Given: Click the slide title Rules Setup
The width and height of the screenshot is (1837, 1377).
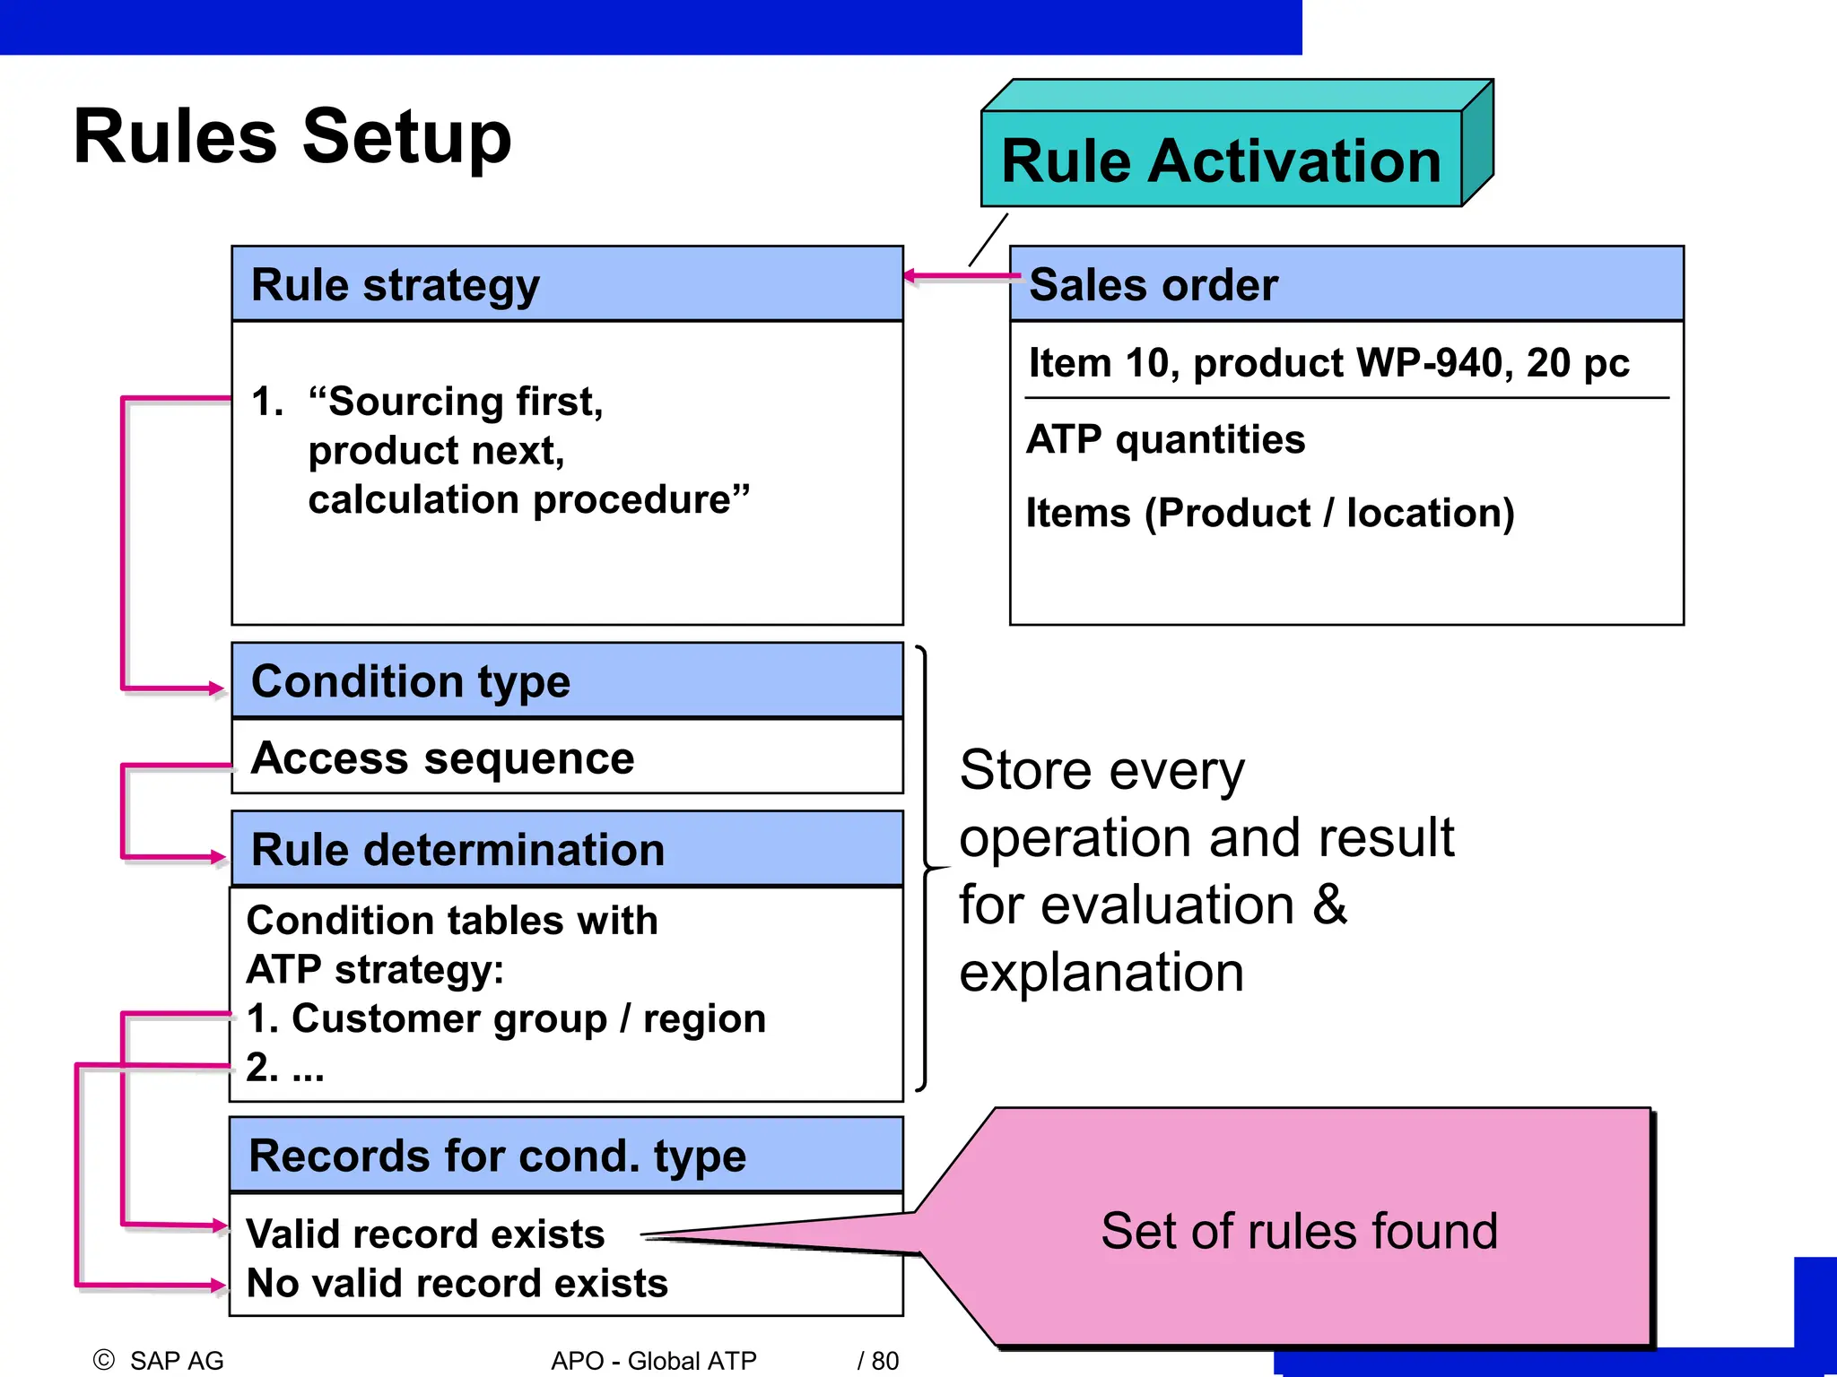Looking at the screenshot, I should [292, 136].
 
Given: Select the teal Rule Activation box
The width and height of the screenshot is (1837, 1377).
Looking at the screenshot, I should [1221, 160].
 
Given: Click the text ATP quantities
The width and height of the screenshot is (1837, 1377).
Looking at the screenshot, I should [1165, 439].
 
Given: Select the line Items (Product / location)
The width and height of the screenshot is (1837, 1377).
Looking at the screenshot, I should [1270, 513].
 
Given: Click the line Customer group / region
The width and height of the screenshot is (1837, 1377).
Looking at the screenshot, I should [527, 1018].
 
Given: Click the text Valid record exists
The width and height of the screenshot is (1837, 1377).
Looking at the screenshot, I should [425, 1234].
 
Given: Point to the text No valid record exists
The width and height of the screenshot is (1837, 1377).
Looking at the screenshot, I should [457, 1284].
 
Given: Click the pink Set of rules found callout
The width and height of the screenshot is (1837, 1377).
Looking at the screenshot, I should [1299, 1230].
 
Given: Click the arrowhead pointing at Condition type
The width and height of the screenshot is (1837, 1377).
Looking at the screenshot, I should [217, 688].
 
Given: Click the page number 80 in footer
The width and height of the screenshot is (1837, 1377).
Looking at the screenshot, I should [884, 1361].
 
